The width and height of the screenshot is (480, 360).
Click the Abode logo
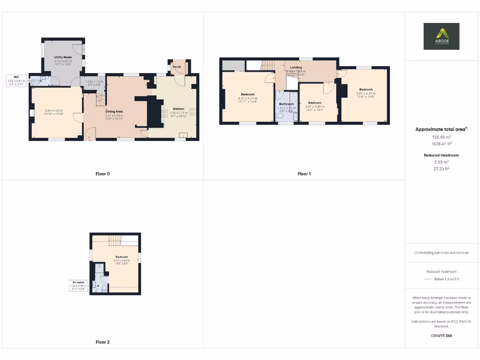pyautogui.click(x=442, y=36)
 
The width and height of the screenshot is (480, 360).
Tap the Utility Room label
pyautogui.click(x=62, y=57)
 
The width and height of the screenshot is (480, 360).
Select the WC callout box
pyautogui.click(x=16, y=81)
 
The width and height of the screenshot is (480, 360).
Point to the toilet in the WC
pyautogui.click(x=37, y=81)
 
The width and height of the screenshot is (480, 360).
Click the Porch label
pyautogui.click(x=177, y=67)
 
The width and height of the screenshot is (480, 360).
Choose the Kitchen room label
pyautogui.click(x=172, y=108)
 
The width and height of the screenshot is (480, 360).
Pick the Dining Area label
pyautogui.click(x=113, y=111)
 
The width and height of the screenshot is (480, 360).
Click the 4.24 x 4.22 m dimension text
pyautogui.click(x=54, y=111)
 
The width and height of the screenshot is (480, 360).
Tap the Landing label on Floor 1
pyautogui.click(x=296, y=67)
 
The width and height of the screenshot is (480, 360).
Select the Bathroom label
pyautogui.click(x=286, y=104)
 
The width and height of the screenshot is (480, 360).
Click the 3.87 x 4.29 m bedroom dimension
pyautogui.click(x=366, y=93)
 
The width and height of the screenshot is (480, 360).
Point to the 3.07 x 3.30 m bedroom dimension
pyautogui.click(x=315, y=106)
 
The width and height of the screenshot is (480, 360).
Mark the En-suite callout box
pyautogui.click(x=77, y=285)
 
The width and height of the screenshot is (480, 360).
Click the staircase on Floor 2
pyautogui.click(x=115, y=240)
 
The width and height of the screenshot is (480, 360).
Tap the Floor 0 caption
pyautogui.click(x=103, y=174)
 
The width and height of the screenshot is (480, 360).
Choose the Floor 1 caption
pyautogui.click(x=304, y=174)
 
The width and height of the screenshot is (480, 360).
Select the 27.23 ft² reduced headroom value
pyautogui.click(x=441, y=168)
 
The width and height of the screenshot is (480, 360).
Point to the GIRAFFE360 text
pyautogui.click(x=441, y=336)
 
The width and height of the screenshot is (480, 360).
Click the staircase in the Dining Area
pyautogui.click(x=100, y=100)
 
